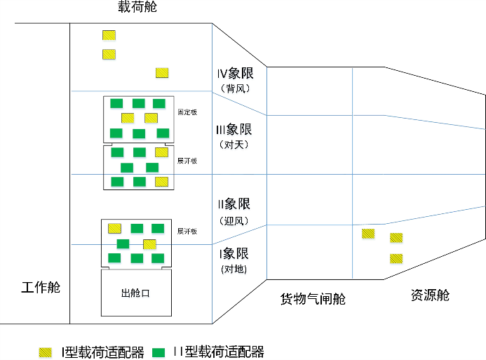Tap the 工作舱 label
point(41,288)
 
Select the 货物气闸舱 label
point(313,299)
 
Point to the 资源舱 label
point(430,295)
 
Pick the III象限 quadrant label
point(234,130)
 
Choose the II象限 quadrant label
point(234,205)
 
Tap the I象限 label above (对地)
point(234,254)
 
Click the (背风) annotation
point(234,88)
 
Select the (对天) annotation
point(234,145)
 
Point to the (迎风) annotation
point(234,220)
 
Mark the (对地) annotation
point(234,269)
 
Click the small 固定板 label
point(187,112)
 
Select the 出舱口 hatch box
point(136,293)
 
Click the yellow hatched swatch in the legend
point(46,352)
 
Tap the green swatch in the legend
point(160,352)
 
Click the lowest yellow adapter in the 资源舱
point(396,258)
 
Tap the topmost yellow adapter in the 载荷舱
point(109,35)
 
